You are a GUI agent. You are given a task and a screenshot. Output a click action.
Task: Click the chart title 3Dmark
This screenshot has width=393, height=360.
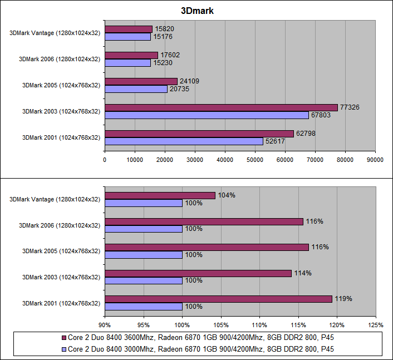pos(196,11)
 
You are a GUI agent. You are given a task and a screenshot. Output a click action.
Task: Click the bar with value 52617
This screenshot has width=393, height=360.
pos(184,141)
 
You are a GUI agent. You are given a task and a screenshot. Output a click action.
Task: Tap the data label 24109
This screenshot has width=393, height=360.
pos(189,81)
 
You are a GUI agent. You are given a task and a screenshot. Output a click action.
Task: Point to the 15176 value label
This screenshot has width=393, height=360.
pos(163,37)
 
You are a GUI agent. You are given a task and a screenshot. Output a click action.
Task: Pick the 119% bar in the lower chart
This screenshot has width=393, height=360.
pos(218,299)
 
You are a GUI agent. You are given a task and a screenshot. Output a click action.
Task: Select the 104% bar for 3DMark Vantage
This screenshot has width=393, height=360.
pos(160,195)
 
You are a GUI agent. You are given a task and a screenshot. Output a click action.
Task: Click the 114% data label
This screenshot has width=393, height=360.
pos(303,273)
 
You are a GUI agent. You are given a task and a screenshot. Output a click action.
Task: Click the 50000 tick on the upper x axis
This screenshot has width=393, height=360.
pos(255,160)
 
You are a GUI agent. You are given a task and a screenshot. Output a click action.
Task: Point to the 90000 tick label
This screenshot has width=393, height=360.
pos(375,160)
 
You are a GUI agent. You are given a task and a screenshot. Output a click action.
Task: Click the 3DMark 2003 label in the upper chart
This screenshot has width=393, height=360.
pos(61,111)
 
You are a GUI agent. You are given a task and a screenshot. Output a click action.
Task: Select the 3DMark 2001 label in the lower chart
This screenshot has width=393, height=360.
pos(61,303)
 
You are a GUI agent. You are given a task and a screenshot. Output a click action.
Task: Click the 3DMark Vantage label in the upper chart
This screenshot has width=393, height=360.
pos(55,33)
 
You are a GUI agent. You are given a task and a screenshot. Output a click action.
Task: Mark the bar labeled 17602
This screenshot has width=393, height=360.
pos(131,55)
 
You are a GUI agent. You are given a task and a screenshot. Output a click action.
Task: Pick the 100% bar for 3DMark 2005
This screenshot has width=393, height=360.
pos(144,255)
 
